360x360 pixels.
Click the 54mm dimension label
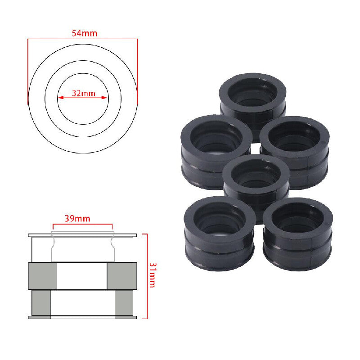point(84,33)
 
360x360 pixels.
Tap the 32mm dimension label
point(84,94)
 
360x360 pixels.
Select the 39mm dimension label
point(77,218)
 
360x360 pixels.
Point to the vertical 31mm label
point(153,275)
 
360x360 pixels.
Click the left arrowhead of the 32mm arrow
point(60,98)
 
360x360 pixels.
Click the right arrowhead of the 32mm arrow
point(104,98)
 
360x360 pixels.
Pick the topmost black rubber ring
point(252,101)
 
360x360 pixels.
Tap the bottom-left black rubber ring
point(220,233)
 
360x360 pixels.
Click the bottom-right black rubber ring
point(298,234)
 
